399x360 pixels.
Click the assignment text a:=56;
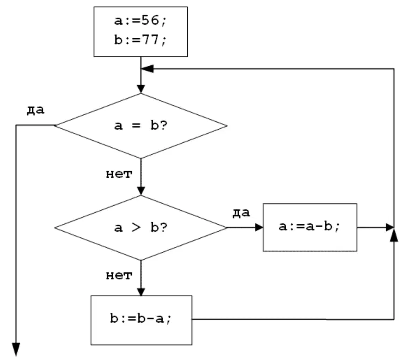tap(140, 21)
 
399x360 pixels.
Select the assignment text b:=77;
tap(140, 40)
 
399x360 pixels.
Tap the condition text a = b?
tap(141, 125)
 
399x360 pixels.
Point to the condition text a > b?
tap(141, 227)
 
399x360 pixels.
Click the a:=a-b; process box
tap(310, 228)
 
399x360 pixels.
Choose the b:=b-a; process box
tap(142, 320)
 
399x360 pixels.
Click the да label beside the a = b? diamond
tap(35, 110)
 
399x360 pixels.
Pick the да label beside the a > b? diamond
tap(241, 213)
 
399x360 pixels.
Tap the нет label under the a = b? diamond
tap(119, 174)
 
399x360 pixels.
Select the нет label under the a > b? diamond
tap(119, 276)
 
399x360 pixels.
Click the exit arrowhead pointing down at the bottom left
tap(16, 350)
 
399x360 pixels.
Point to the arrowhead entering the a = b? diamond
tap(141, 89)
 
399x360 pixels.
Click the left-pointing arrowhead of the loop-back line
tap(147, 69)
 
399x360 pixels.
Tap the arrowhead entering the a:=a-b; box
tap(259, 228)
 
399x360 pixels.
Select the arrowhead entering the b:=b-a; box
tap(141, 292)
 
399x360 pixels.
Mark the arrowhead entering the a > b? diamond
tap(141, 191)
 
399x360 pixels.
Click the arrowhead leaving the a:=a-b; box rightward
tap(390, 228)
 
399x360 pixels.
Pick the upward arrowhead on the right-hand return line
tap(394, 235)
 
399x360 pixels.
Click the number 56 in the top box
tap(150, 20)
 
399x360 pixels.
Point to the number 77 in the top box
tap(150, 40)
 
